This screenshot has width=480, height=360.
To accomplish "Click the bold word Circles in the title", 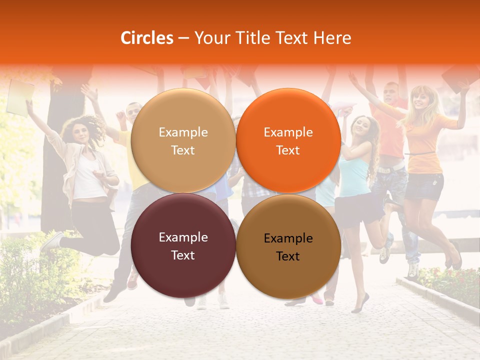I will pyautogui.click(x=147, y=38).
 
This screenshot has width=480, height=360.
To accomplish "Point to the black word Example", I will pyautogui.click(x=288, y=238).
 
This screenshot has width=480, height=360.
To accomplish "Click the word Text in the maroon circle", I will pyautogui.click(x=183, y=255).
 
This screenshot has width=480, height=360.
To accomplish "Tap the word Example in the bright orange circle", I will pyautogui.click(x=288, y=132).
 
